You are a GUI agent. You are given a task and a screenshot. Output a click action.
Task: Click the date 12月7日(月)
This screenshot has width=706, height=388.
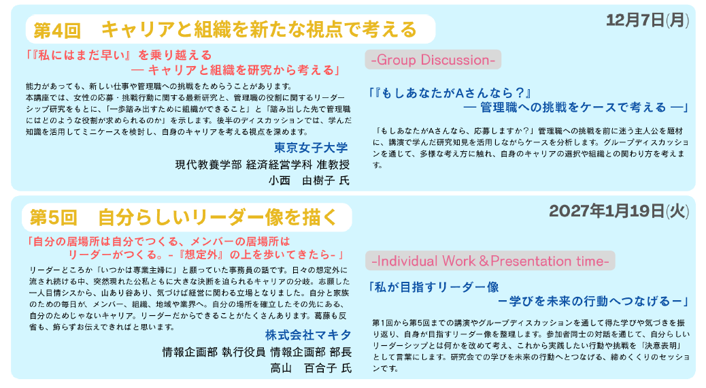647,20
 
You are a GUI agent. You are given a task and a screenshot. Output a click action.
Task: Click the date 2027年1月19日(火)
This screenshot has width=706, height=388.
619,211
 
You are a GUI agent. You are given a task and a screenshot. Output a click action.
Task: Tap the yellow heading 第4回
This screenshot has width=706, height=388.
56,30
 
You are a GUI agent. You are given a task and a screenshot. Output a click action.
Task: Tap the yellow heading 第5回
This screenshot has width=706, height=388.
54,218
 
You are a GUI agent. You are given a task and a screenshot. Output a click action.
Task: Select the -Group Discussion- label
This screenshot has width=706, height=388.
433,60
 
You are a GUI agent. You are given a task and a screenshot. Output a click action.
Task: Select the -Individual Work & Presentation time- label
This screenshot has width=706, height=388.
490,261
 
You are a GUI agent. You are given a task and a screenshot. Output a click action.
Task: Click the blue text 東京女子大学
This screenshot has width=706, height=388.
311,148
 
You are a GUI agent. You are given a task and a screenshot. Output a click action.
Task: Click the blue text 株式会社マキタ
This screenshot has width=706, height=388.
308,336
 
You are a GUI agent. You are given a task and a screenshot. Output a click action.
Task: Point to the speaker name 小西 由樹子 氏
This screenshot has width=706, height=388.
309,180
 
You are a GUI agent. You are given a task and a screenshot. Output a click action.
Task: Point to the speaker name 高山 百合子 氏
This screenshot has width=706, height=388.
311,368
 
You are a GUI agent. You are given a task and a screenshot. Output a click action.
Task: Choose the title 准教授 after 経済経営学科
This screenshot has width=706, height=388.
333,165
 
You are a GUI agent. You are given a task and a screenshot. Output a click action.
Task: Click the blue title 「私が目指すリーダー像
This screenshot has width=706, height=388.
433,287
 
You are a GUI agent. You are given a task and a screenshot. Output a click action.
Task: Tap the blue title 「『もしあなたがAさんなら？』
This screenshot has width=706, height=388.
450,93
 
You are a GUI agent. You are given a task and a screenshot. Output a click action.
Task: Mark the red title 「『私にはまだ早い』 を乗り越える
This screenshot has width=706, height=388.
119,55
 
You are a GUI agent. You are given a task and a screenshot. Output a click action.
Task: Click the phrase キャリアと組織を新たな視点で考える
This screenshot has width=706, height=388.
259,30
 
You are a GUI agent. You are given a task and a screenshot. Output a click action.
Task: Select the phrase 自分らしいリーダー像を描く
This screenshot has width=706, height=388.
218,218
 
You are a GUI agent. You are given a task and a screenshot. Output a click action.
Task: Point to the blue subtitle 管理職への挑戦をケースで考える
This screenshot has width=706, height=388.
573,108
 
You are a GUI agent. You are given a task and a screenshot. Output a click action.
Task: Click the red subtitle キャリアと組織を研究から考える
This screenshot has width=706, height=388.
241,70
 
